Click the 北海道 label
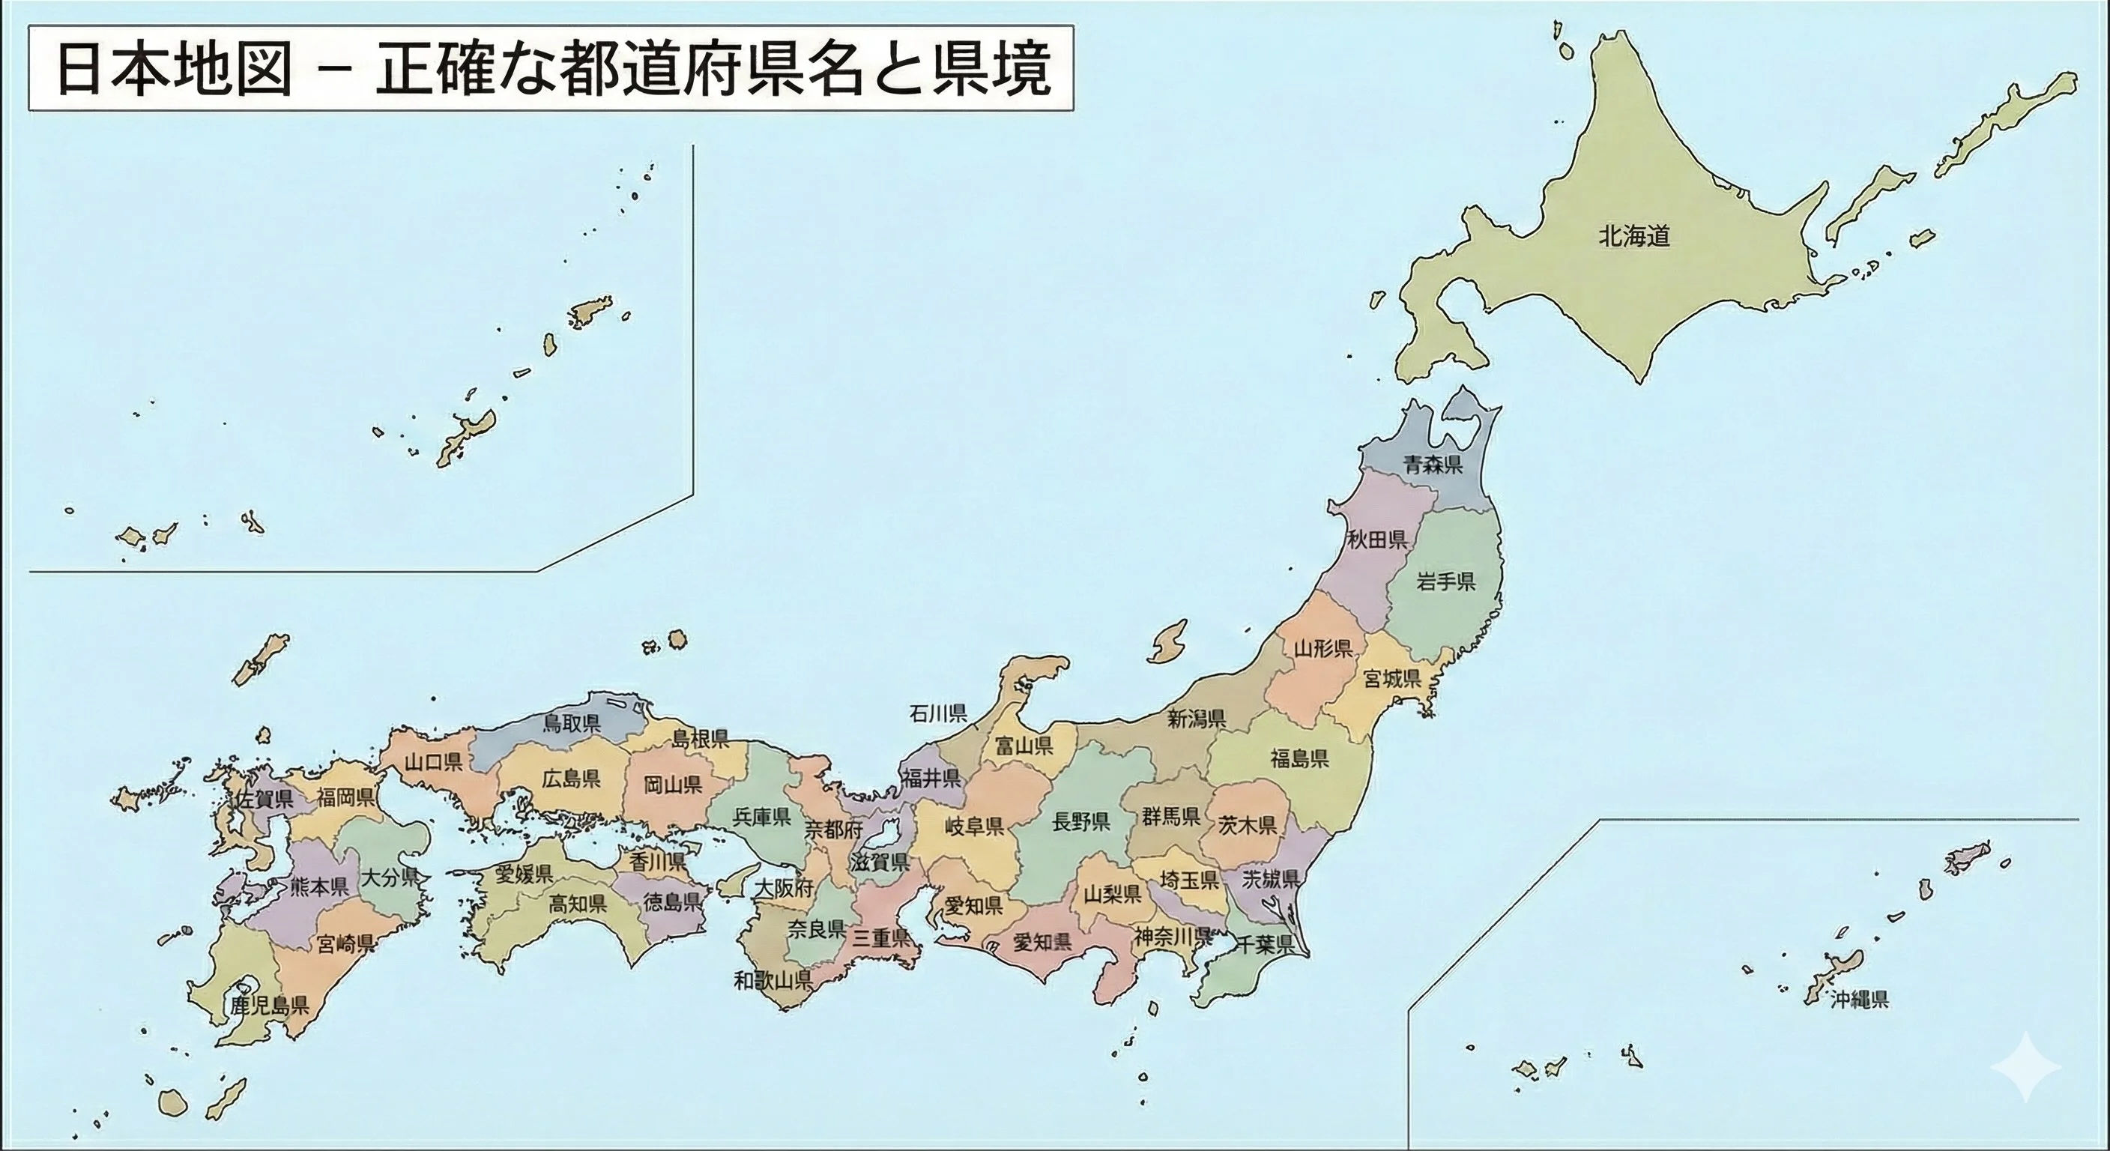click(1634, 237)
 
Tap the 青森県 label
click(1433, 465)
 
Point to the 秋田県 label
click(1378, 539)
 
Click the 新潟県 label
click(1197, 719)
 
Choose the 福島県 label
click(1300, 758)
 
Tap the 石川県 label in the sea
click(938, 713)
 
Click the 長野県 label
click(1081, 822)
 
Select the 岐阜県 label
click(975, 826)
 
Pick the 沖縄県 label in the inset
click(1859, 1000)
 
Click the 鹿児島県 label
click(270, 1006)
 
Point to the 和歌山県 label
click(773, 980)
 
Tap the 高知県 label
click(578, 904)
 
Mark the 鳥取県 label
click(572, 722)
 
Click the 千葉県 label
click(1264, 945)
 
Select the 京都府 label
click(834, 830)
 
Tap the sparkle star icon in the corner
click(2025, 1066)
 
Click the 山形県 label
click(1324, 649)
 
